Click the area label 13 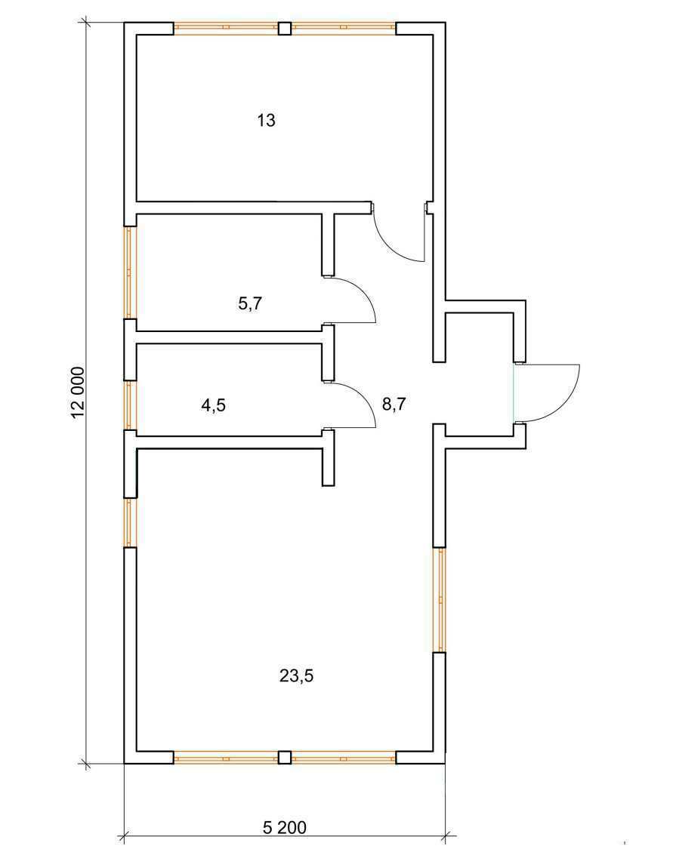click(266, 120)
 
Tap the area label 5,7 click(250, 303)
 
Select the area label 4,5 click(214, 405)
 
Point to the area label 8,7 click(394, 404)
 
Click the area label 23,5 click(296, 675)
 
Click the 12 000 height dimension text click(78, 393)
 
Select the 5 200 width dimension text click(285, 827)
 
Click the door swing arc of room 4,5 click(362, 398)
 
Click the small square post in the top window click(285, 28)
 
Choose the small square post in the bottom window click(285, 757)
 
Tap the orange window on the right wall click(441, 599)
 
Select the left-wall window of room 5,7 click(129, 272)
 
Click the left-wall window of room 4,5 click(129, 405)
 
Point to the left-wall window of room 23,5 click(129, 522)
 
